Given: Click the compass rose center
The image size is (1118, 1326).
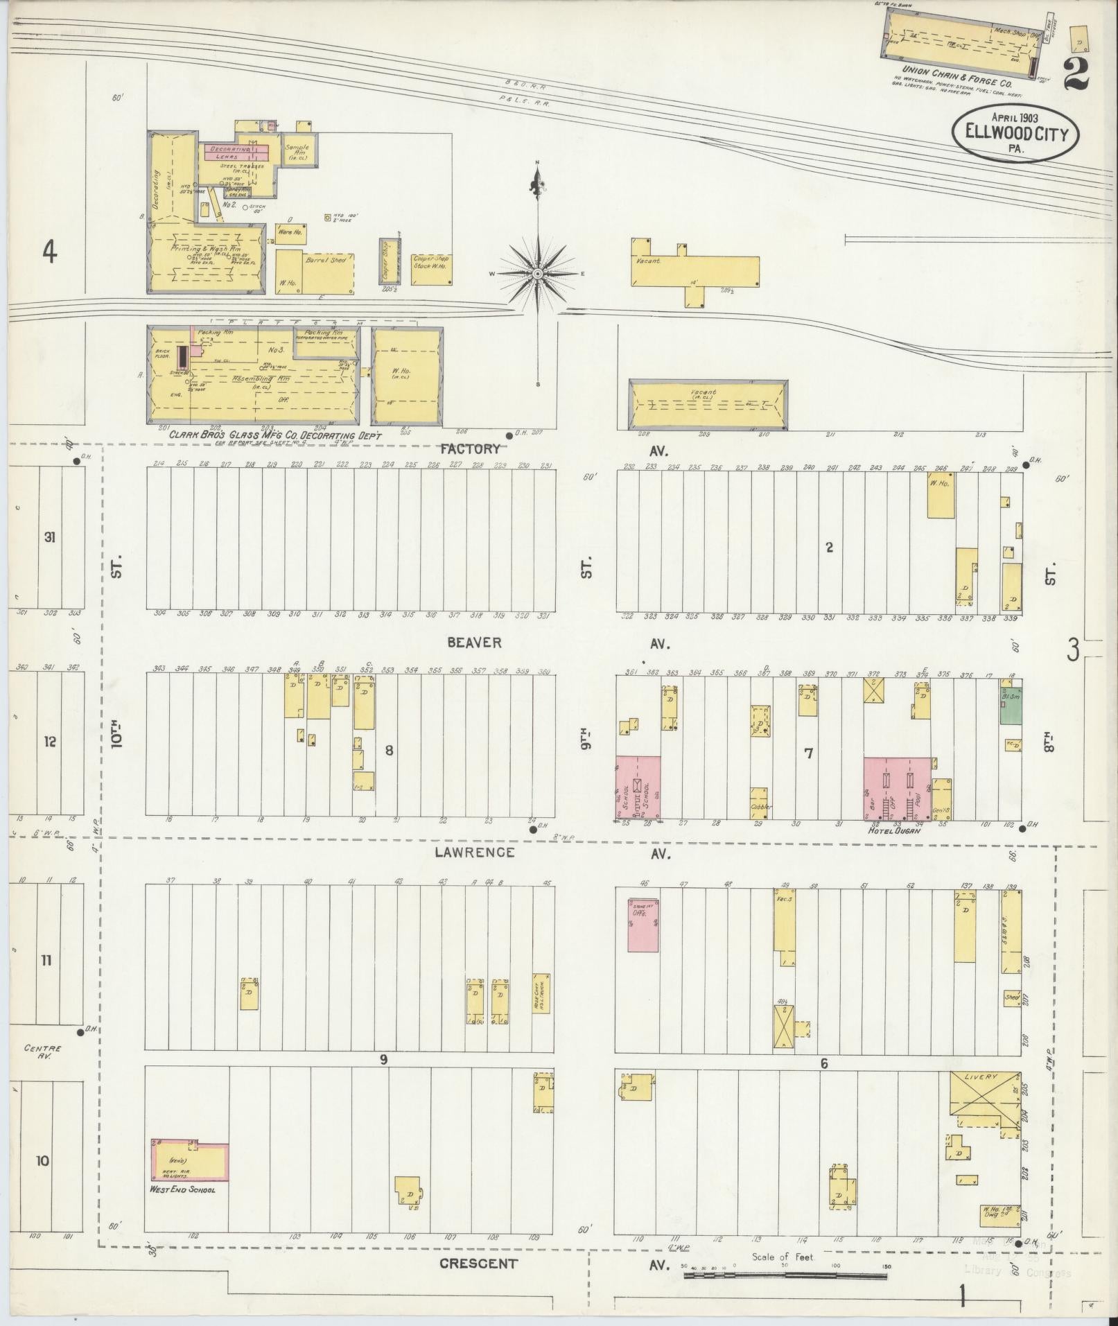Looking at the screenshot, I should click(x=537, y=274).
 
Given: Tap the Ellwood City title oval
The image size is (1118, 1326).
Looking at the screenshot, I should click(x=1015, y=134).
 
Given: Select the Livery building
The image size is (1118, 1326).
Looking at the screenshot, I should click(x=984, y=1105).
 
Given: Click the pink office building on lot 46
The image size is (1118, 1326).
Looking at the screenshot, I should click(x=643, y=925).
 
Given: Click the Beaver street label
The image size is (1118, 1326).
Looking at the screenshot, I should click(x=474, y=643).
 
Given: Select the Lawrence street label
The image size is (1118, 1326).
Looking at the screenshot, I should click(x=474, y=852).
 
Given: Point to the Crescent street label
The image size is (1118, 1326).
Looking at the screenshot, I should click(x=478, y=1263).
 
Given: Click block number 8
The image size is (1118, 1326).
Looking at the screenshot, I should click(x=389, y=749).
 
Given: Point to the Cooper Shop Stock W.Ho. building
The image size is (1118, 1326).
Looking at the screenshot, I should click(x=431, y=269).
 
